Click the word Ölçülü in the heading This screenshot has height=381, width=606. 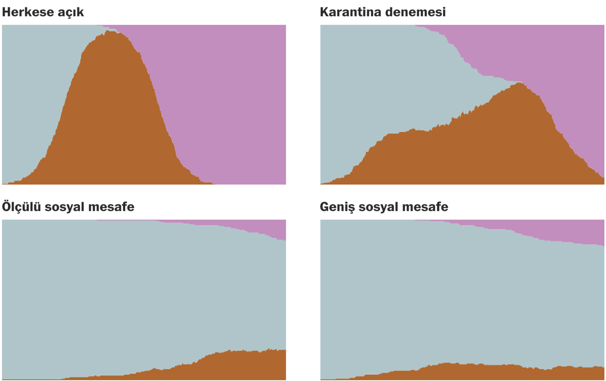[x=21, y=207]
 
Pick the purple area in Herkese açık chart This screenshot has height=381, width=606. [x=224, y=92]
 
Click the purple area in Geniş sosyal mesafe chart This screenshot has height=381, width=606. [x=580, y=232]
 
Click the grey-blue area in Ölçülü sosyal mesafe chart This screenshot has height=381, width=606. [x=132, y=290]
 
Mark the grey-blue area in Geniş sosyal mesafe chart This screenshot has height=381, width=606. [x=448, y=290]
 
